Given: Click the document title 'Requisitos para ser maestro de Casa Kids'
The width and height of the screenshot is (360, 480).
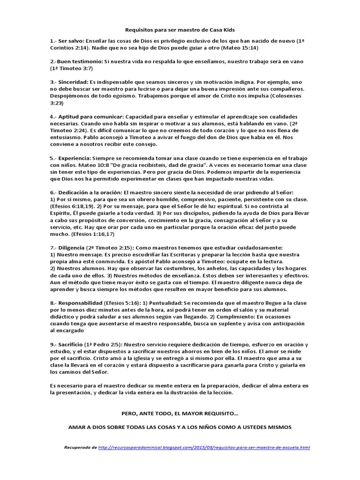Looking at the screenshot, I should pos(180,29).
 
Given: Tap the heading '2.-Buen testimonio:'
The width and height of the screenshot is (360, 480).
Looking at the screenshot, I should pos(76,61).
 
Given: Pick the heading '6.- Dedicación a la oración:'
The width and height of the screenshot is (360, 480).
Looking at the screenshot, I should pos(86,193).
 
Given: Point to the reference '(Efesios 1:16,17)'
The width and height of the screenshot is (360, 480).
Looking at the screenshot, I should pos(90,234).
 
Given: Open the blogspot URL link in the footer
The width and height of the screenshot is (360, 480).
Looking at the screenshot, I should pos(204,448).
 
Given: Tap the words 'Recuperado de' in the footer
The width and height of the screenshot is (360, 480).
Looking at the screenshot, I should pos(81,448).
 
